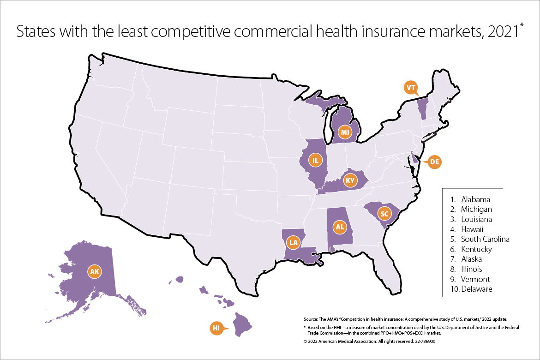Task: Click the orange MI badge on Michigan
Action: click(344, 132)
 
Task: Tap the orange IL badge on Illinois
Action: click(316, 160)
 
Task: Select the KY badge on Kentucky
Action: click(350, 180)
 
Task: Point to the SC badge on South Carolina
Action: click(384, 213)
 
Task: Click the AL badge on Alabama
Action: click(340, 227)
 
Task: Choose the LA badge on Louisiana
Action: click(293, 241)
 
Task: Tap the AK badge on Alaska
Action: click(95, 272)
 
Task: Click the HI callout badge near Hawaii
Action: click(216, 328)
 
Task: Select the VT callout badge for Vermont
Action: click(410, 87)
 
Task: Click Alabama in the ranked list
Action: click(475, 200)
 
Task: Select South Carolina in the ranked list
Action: click(485, 239)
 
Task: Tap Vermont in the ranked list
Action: click(475, 279)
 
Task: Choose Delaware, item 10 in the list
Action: click(476, 289)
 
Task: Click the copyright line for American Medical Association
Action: click(369, 342)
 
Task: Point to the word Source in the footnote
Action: click(310, 319)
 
